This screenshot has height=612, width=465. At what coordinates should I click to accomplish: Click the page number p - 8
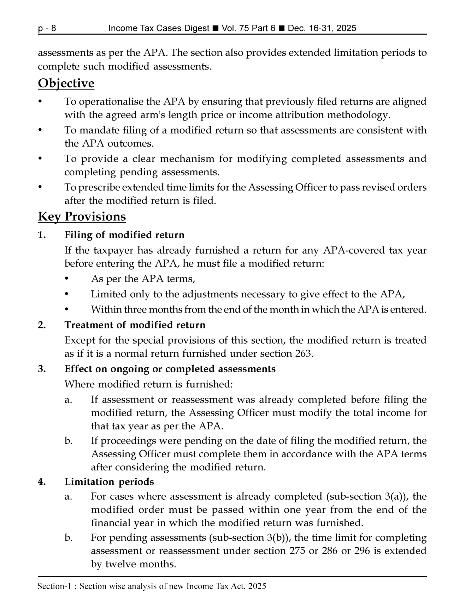point(47,28)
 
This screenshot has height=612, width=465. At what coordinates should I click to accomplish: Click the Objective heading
point(66,83)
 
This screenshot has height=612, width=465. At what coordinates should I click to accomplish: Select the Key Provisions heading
point(82,216)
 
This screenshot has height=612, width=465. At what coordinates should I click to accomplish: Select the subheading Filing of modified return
point(124,235)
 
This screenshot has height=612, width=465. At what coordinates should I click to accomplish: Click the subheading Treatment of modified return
point(135,325)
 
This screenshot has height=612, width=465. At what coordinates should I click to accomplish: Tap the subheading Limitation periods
point(109,482)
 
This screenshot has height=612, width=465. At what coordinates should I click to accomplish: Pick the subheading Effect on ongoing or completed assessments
point(170,369)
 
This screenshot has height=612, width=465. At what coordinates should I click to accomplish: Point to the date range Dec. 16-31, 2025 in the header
point(322,28)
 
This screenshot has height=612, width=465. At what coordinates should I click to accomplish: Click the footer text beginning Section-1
point(152,587)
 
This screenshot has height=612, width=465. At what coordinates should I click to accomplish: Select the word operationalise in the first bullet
point(119,102)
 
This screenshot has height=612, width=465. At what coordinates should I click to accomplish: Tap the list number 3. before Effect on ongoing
point(42,369)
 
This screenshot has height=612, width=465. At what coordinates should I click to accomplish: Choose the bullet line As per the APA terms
point(143,279)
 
